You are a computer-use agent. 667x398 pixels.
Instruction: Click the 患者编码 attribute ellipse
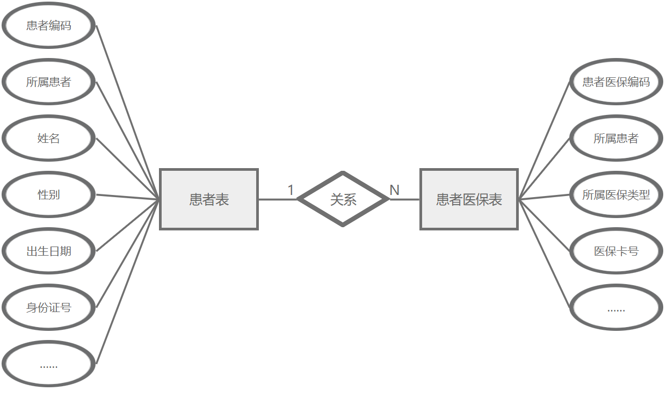click(49, 25)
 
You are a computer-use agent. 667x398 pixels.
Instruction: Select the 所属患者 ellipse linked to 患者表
click(49, 82)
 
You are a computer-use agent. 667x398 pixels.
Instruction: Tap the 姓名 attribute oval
click(49, 138)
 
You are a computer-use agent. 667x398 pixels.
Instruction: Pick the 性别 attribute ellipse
click(49, 194)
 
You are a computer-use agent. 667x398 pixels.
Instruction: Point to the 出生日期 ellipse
click(49, 251)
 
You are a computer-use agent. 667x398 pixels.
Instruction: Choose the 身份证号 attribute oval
click(49, 307)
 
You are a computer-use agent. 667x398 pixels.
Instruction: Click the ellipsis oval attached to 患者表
click(49, 364)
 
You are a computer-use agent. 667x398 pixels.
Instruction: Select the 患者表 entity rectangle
click(209, 199)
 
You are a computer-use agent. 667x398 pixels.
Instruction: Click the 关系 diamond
click(343, 199)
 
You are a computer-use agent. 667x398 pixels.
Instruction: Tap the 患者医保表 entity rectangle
click(469, 199)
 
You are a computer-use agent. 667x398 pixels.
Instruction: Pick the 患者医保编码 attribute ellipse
click(616, 82)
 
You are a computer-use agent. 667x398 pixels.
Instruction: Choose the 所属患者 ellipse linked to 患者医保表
click(616, 138)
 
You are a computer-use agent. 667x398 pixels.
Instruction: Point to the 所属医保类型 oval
click(616, 194)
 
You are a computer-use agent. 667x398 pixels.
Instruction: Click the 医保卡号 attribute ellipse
click(616, 251)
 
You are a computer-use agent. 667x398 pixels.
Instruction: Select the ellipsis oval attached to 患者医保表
click(616, 307)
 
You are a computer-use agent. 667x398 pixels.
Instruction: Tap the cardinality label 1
click(291, 190)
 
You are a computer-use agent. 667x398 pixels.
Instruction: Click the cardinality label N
click(394, 190)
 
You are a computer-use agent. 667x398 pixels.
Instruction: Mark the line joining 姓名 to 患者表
click(128, 169)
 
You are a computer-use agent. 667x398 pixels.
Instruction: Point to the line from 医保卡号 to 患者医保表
click(543, 225)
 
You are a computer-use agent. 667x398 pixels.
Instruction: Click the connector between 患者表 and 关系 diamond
click(277, 199)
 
